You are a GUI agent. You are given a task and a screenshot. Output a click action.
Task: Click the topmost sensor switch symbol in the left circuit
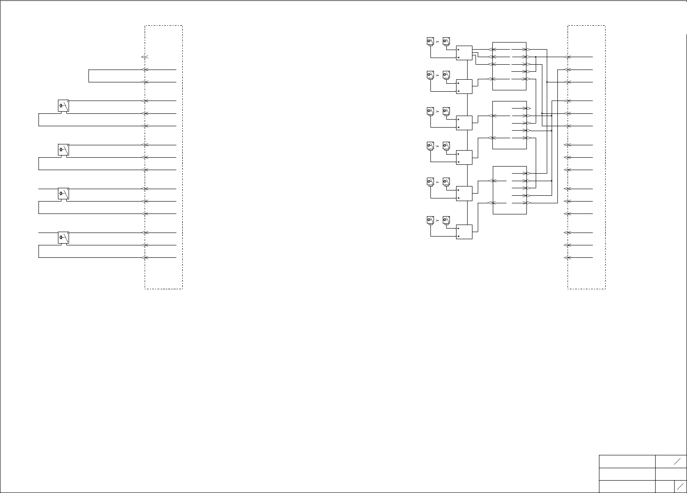[x=63, y=106]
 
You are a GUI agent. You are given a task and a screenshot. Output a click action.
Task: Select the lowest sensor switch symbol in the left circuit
[x=63, y=238]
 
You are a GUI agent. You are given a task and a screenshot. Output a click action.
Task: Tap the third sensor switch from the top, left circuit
[x=63, y=194]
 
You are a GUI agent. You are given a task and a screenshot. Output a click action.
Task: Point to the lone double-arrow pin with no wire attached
[x=144, y=57]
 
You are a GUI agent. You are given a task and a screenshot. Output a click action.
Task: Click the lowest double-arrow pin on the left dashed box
[x=144, y=257]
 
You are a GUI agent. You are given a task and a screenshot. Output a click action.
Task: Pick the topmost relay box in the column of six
[x=464, y=53]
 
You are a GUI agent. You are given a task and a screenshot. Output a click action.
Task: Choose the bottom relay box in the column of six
[x=464, y=232]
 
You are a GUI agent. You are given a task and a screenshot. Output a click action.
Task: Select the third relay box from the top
[x=464, y=123]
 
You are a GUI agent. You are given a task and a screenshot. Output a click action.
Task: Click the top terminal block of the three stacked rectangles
[x=509, y=66]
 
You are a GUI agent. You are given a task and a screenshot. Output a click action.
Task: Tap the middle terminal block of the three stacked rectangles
[x=509, y=125]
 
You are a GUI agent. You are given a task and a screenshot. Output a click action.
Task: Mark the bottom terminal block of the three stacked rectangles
[x=509, y=190]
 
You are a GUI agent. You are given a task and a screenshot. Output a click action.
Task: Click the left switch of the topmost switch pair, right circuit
[x=430, y=41]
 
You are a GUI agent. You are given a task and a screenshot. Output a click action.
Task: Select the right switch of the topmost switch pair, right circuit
[x=446, y=41]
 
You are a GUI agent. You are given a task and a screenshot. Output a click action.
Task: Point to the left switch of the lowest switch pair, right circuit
[x=430, y=220]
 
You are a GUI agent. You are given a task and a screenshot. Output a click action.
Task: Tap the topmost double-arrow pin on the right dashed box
[x=568, y=57]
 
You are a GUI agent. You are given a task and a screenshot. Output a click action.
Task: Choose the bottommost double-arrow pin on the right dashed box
[x=568, y=257]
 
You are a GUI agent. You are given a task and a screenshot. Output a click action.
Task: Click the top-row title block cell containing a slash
[x=671, y=461]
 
